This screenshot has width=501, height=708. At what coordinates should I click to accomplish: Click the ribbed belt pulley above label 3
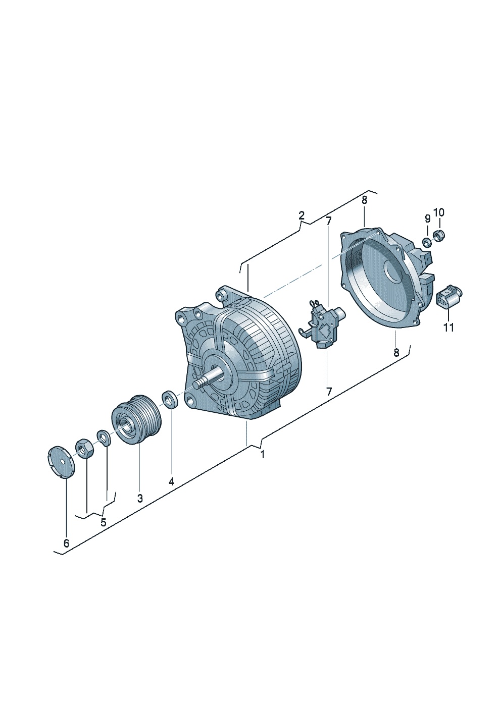click(137, 419)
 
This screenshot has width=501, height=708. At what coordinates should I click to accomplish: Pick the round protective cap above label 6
click(61, 461)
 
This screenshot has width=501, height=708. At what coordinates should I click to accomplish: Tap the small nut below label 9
click(426, 242)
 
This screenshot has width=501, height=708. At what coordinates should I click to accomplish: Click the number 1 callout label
click(262, 455)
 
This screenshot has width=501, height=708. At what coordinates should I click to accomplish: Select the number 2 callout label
click(301, 216)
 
